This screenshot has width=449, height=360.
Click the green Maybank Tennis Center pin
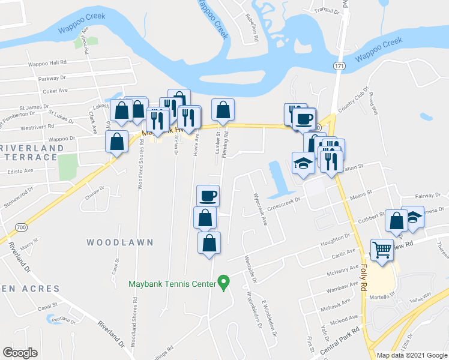pyautogui.click(x=224, y=281)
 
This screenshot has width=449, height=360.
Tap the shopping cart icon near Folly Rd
pyautogui.click(x=382, y=249)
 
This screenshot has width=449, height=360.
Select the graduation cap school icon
pyautogui.click(x=303, y=163)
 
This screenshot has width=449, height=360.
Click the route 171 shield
pyautogui.click(x=340, y=65)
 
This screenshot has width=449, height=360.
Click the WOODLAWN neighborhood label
pyautogui.click(x=120, y=242)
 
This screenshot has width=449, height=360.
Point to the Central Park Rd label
pyautogui.click(x=340, y=338)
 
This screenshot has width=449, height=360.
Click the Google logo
pyautogui.click(x=20, y=353)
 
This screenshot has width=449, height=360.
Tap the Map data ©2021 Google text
pyautogui.click(x=412, y=355)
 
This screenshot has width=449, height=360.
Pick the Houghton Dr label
pyautogui.click(x=336, y=239)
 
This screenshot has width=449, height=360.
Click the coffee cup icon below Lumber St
pyautogui.click(x=208, y=195)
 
